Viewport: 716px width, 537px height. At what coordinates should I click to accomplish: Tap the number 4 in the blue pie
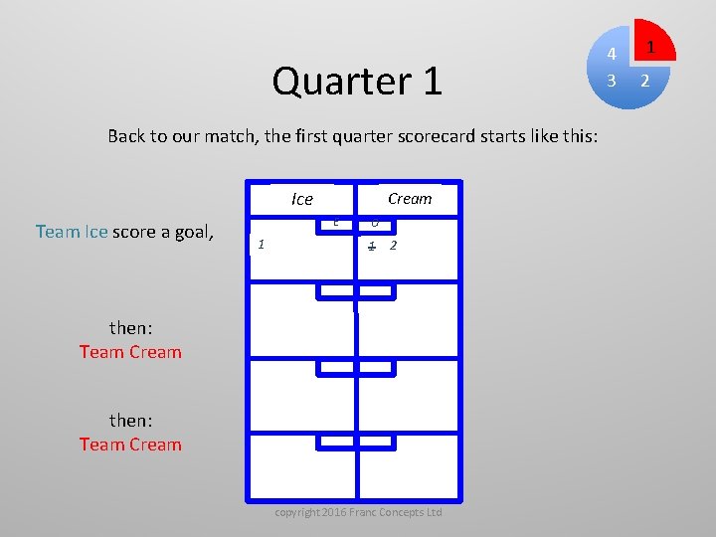pos(613,54)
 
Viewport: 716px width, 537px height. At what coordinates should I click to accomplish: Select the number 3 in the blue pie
pos(613,80)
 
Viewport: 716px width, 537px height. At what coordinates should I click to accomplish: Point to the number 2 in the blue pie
pos(644,81)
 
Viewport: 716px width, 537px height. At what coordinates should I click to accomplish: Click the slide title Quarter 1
pos(357,82)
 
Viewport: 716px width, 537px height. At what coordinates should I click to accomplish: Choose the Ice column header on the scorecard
pos(302,199)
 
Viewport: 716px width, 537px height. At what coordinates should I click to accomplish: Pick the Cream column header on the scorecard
pos(410,198)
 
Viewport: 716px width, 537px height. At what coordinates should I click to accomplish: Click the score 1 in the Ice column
pos(261,244)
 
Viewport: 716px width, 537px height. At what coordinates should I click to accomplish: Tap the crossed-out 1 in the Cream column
pos(371,245)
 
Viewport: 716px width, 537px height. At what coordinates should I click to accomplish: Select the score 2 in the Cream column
pos(394,245)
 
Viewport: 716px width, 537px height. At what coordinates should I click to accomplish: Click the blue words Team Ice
pos(72,232)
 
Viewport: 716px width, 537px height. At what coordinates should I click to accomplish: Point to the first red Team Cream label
pos(130,352)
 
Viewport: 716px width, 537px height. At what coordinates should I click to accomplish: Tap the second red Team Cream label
pos(130,445)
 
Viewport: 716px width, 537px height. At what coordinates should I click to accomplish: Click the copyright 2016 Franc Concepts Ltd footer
pos(358,511)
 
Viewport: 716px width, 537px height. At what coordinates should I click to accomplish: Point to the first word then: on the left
pos(130,327)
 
